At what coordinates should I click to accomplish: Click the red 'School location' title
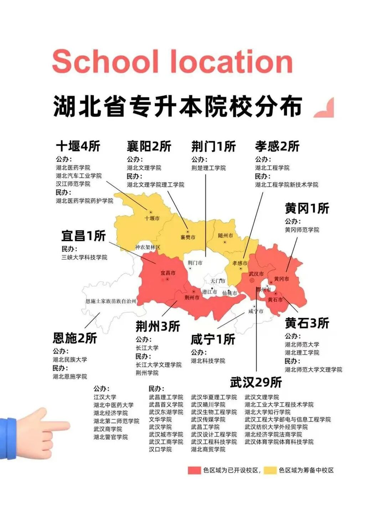[x=173, y=61]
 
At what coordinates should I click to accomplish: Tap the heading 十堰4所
[x=78, y=146]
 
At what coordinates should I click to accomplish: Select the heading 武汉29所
[x=256, y=382]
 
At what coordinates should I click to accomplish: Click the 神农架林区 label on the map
[x=148, y=247]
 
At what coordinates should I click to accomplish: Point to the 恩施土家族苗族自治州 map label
[x=111, y=301]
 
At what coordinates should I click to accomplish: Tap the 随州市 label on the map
[x=225, y=236]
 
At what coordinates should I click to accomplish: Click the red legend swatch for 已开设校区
[x=194, y=470]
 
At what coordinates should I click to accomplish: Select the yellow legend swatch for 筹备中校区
[x=270, y=470]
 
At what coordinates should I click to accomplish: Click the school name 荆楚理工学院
[x=209, y=168]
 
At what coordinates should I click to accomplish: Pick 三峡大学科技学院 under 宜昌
[x=84, y=257]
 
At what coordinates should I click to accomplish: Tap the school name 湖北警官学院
[x=111, y=437]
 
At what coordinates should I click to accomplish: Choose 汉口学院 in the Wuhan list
[x=160, y=449]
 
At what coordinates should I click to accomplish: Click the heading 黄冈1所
[x=307, y=208]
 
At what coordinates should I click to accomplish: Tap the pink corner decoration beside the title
[x=325, y=108]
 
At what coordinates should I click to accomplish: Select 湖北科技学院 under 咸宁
[x=208, y=361]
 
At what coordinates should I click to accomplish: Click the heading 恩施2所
[x=75, y=338]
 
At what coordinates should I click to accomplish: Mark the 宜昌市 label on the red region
[x=168, y=273]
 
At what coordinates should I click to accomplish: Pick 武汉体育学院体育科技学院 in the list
[x=279, y=442]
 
